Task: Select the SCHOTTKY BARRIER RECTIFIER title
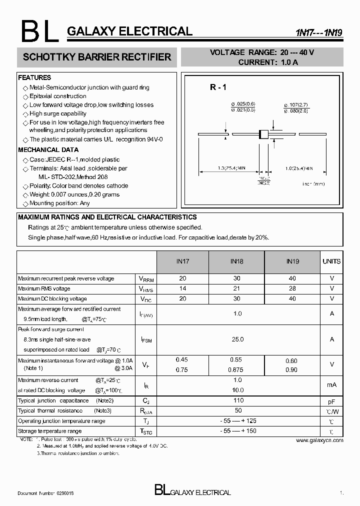tap(97, 57)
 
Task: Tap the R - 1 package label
tap(218, 87)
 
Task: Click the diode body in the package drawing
tap(263, 134)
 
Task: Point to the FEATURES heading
tap(34, 78)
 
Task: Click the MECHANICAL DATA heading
tap(48, 150)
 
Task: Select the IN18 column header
tap(236, 261)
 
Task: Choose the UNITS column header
tap(331, 261)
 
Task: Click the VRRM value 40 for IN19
tap(292, 278)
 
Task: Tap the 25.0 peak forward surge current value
tap(238, 339)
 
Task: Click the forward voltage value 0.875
tap(236, 369)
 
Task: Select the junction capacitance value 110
tap(238, 400)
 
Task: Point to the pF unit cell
tap(331, 401)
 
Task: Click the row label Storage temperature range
tap(49, 431)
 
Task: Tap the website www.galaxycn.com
tap(319, 440)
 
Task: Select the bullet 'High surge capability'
tap(58, 113)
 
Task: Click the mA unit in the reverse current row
tap(331, 385)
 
